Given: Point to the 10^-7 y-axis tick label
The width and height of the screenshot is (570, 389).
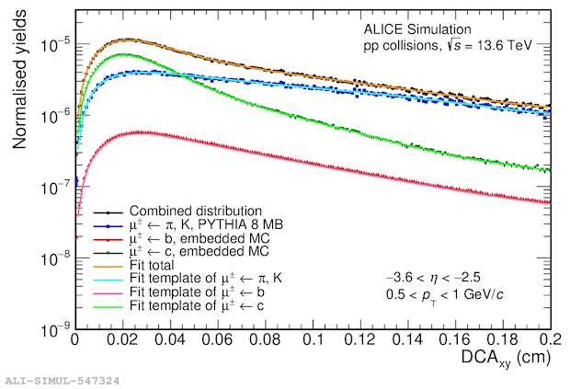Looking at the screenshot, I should (x=55, y=187).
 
